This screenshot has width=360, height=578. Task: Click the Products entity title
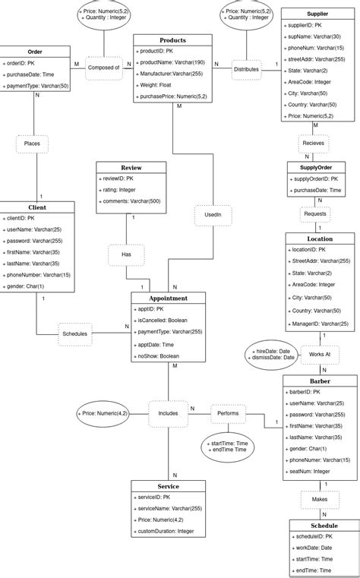pos(172,39)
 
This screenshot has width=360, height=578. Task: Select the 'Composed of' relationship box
pos(104,68)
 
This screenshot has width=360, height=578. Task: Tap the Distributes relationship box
pos(245,69)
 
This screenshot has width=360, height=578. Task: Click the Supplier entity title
pos(317,14)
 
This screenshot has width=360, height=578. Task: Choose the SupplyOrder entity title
pos(315,167)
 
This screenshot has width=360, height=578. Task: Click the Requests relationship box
pos(315,213)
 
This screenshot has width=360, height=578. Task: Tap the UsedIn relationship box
pos(213,216)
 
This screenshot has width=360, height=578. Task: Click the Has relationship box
pos(127,255)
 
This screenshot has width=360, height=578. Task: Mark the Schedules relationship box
pos(74,333)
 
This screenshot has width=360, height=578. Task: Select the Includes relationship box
pos(168,414)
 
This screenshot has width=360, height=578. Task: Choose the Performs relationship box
pos(228,414)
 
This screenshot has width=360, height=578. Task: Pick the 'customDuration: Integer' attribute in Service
pos(166,531)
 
